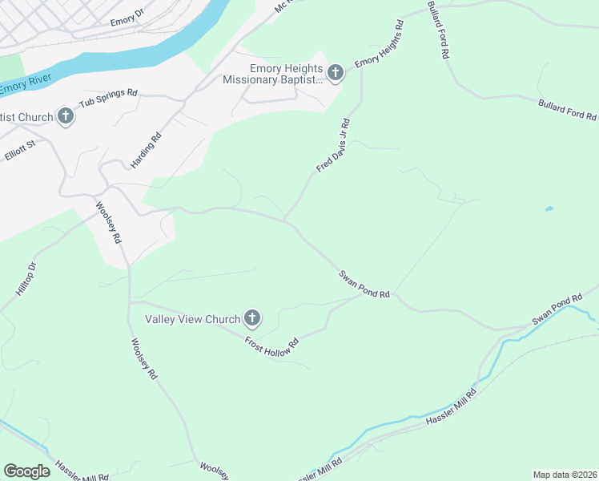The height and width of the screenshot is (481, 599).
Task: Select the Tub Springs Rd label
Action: (x=108, y=99)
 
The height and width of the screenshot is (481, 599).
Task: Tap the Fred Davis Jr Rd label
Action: (x=333, y=145)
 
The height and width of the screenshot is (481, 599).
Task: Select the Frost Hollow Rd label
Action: (x=271, y=342)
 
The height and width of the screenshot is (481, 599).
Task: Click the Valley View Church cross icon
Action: (x=252, y=319)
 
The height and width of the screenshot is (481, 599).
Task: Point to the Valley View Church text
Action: (x=192, y=319)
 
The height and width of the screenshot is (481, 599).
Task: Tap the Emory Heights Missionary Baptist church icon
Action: (x=336, y=74)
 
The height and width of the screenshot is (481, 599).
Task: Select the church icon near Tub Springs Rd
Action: (x=66, y=117)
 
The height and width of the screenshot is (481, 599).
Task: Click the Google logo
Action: (x=27, y=471)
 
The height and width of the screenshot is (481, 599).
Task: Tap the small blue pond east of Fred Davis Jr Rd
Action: (x=549, y=209)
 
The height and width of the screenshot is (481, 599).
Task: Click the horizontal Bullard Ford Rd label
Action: (x=567, y=110)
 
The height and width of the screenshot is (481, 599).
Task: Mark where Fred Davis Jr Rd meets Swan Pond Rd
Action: (x=283, y=218)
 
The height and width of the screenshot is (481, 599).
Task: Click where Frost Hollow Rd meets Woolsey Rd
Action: (x=130, y=302)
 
